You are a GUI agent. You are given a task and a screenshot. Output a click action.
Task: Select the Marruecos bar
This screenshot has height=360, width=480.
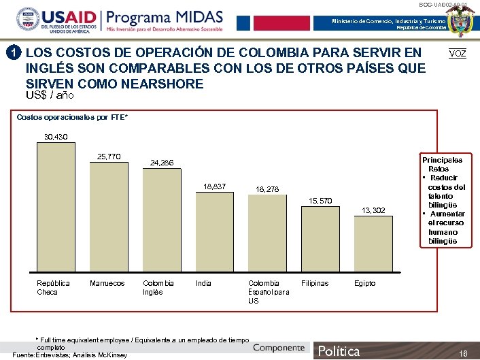[x=109, y=218]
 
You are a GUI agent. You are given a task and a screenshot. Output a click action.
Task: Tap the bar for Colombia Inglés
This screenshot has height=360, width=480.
[x=162, y=221]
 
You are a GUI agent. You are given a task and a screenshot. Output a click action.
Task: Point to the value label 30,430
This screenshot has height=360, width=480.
[x=56, y=137]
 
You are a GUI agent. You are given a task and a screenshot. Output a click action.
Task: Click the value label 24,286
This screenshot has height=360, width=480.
[x=162, y=163]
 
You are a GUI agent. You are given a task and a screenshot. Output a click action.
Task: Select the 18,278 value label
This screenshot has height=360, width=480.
[x=267, y=189]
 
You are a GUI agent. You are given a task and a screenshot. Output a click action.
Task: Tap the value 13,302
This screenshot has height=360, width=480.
[x=373, y=210]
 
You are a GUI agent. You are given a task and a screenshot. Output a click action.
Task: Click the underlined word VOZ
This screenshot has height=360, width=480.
[x=458, y=54]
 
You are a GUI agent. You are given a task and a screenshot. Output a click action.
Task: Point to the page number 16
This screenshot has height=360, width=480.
[x=464, y=353]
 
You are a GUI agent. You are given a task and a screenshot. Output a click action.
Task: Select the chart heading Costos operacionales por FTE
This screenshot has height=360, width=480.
[x=73, y=118]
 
